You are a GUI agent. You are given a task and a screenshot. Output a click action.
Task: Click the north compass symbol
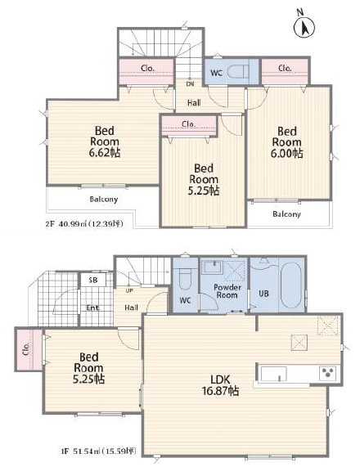304,26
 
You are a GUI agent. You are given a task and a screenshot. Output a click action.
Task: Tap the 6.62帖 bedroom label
105,141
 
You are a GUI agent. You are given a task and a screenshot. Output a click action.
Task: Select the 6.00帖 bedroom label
287,142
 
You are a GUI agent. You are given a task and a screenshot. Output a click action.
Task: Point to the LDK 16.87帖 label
221,384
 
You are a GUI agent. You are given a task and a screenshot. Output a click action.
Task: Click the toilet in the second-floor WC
237,72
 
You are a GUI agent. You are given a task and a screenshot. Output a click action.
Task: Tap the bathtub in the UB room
290,285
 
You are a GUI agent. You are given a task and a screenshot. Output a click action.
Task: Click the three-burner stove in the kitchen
328,373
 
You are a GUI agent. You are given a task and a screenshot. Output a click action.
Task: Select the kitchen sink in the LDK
273,374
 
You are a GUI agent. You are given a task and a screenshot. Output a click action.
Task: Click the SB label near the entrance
93,280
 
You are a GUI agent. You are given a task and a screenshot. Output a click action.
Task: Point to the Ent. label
93,308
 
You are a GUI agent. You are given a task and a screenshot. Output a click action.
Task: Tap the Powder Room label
227,291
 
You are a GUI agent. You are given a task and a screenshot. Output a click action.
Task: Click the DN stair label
190,84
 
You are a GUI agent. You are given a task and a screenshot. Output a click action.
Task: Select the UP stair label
129,290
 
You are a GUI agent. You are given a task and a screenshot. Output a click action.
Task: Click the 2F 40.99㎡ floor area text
84,223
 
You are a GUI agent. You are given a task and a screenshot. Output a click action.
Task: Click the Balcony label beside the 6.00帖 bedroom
286,213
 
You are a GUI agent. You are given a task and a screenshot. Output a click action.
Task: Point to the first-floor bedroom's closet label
26,348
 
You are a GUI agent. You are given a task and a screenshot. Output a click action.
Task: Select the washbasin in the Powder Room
212,267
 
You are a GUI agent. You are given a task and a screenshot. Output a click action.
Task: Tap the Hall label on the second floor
194,103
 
